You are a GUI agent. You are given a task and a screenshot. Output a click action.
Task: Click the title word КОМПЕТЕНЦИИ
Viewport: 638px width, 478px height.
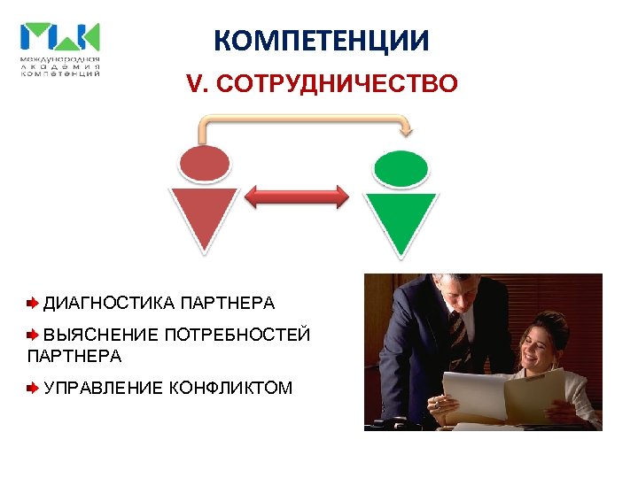coord(322,41)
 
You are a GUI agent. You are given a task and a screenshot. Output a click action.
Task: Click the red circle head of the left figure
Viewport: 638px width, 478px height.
coord(205,165)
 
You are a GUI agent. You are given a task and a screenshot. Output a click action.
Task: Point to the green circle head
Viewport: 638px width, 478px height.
coord(401,166)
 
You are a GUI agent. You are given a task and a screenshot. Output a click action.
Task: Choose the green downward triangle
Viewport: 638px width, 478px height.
coord(401,219)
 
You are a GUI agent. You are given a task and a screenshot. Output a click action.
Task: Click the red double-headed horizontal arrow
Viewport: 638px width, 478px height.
coord(297,196)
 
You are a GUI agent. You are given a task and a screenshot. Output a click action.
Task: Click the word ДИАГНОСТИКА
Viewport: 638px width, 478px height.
coord(109,304)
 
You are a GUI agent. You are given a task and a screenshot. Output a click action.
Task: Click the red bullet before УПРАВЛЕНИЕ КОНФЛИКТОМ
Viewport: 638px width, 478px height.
coord(33,387)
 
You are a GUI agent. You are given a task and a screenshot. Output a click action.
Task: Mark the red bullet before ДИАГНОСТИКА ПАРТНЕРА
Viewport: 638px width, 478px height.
coord(33,304)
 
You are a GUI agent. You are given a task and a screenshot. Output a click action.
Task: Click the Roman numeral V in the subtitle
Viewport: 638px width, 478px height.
coord(193,84)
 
